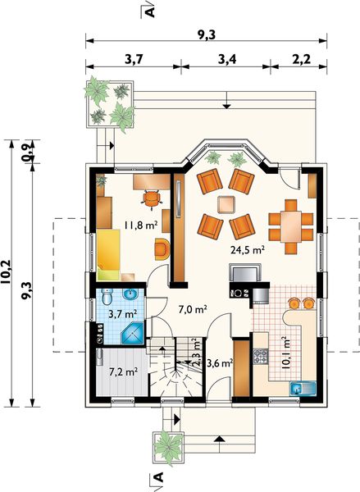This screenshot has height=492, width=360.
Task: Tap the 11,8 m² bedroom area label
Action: tap(140, 225)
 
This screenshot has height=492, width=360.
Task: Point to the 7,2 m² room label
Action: tap(123, 372)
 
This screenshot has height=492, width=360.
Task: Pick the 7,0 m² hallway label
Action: tap(193, 310)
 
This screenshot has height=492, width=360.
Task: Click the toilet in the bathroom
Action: tap(107, 296)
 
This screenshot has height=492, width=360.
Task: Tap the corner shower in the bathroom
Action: tap(133, 332)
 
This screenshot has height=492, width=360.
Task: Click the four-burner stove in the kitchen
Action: tap(261, 357)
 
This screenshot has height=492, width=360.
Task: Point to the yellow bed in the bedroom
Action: tap(108, 254)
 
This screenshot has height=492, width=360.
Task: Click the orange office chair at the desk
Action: tap(152, 199)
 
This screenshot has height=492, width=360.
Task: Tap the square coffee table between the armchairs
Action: tap(226, 205)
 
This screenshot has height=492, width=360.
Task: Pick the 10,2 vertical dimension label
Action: tap(6, 272)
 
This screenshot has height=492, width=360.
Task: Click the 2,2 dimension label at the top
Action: tap(302, 59)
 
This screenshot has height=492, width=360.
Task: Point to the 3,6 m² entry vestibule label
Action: tap(220, 363)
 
